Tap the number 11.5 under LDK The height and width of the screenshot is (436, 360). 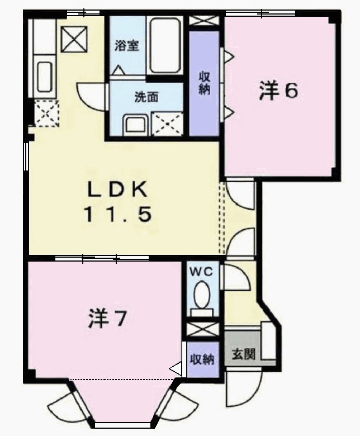[x=117, y=215]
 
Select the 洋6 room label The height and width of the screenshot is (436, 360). [x=278, y=91]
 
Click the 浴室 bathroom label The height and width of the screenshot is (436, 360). [x=126, y=46]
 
